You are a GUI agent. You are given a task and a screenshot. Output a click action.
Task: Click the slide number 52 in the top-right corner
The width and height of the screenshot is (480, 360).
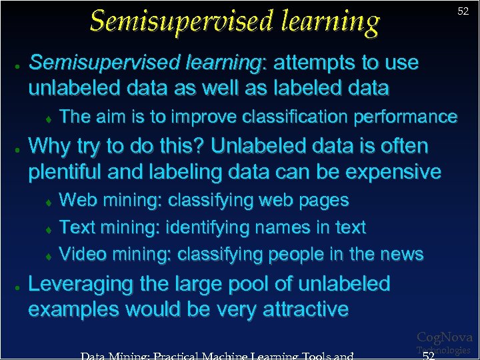pos(463,11)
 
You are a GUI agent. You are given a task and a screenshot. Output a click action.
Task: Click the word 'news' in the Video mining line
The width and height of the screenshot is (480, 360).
pos(399,254)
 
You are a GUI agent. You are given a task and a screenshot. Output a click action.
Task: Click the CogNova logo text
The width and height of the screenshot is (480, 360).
pos(444,337)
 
